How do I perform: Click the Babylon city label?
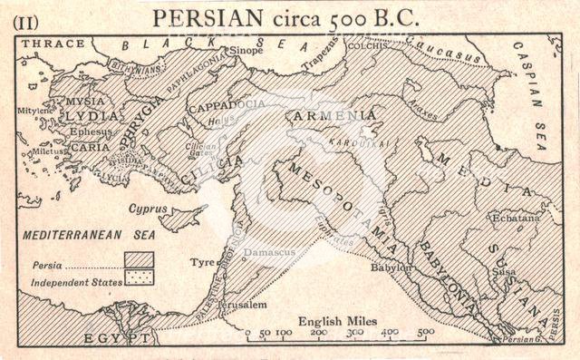pos(391,268)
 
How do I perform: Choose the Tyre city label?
pos(200,263)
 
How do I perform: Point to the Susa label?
pos(504,271)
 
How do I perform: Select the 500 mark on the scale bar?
pos(424,333)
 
